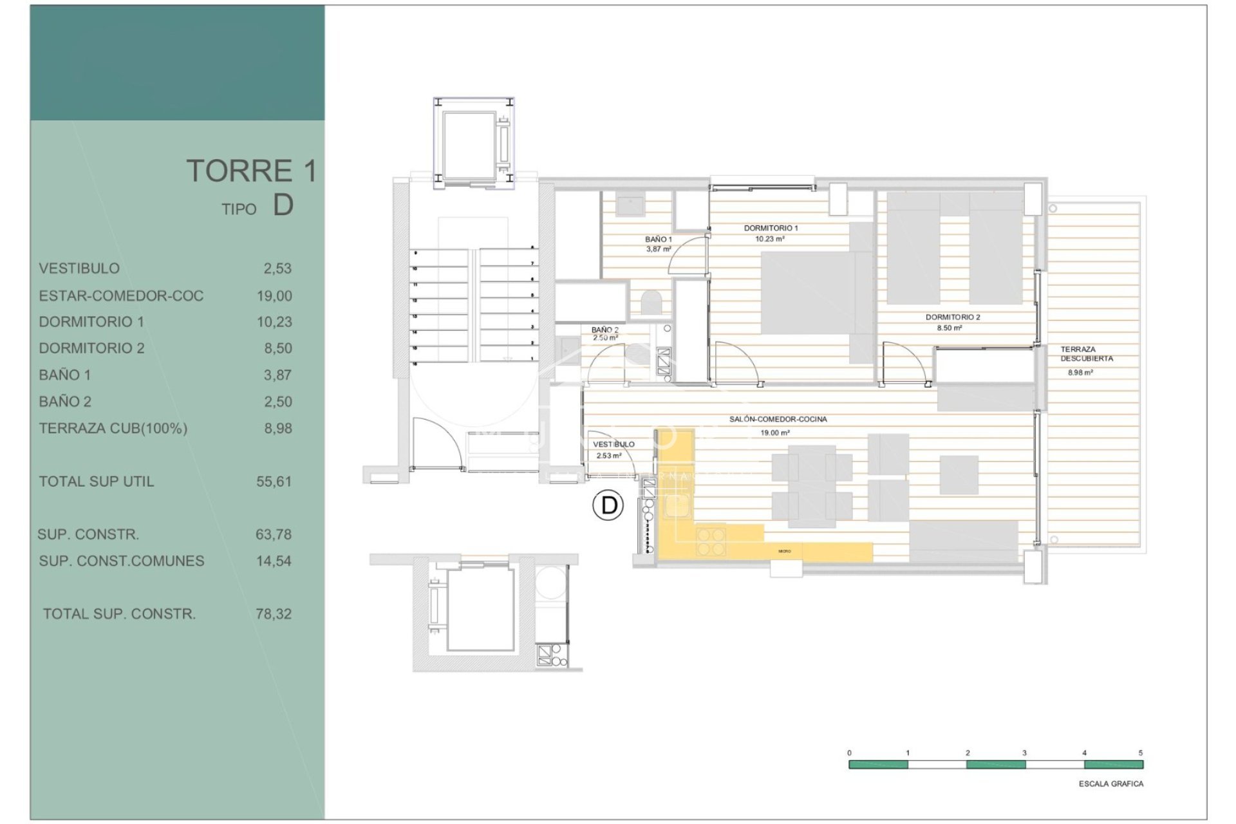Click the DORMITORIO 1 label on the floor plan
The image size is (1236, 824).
pyautogui.click(x=771, y=228)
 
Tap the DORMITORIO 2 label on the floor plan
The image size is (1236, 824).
pyautogui.click(x=953, y=317)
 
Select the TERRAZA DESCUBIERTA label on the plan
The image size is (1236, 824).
pyautogui.click(x=1087, y=353)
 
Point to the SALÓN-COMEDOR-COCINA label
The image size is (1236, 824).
pyautogui.click(x=778, y=419)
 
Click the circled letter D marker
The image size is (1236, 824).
pyautogui.click(x=608, y=505)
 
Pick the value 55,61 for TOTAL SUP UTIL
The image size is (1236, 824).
pyautogui.click(x=274, y=482)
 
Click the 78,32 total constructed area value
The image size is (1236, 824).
pyautogui.click(x=274, y=614)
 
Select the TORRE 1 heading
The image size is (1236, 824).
pyautogui.click(x=251, y=171)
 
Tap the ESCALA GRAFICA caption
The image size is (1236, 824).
pyautogui.click(x=1110, y=783)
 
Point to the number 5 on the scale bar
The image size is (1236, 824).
pyautogui.click(x=1140, y=753)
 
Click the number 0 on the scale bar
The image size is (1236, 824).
pyautogui.click(x=849, y=753)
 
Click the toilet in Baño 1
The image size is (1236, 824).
pyautogui.click(x=651, y=302)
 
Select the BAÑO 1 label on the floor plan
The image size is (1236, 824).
pyautogui.click(x=658, y=239)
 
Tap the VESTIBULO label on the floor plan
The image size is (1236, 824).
pyautogui.click(x=613, y=444)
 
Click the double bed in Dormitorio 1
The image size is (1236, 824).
pyautogui.click(x=808, y=293)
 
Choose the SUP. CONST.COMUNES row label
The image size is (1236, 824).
pyautogui.click(x=121, y=561)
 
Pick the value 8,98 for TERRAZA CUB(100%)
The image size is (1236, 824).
pyautogui.click(x=277, y=429)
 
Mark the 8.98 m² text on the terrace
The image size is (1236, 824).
pyautogui.click(x=1080, y=373)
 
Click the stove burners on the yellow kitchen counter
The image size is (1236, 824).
pyautogui.click(x=711, y=541)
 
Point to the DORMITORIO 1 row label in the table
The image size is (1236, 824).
pyautogui.click(x=91, y=322)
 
